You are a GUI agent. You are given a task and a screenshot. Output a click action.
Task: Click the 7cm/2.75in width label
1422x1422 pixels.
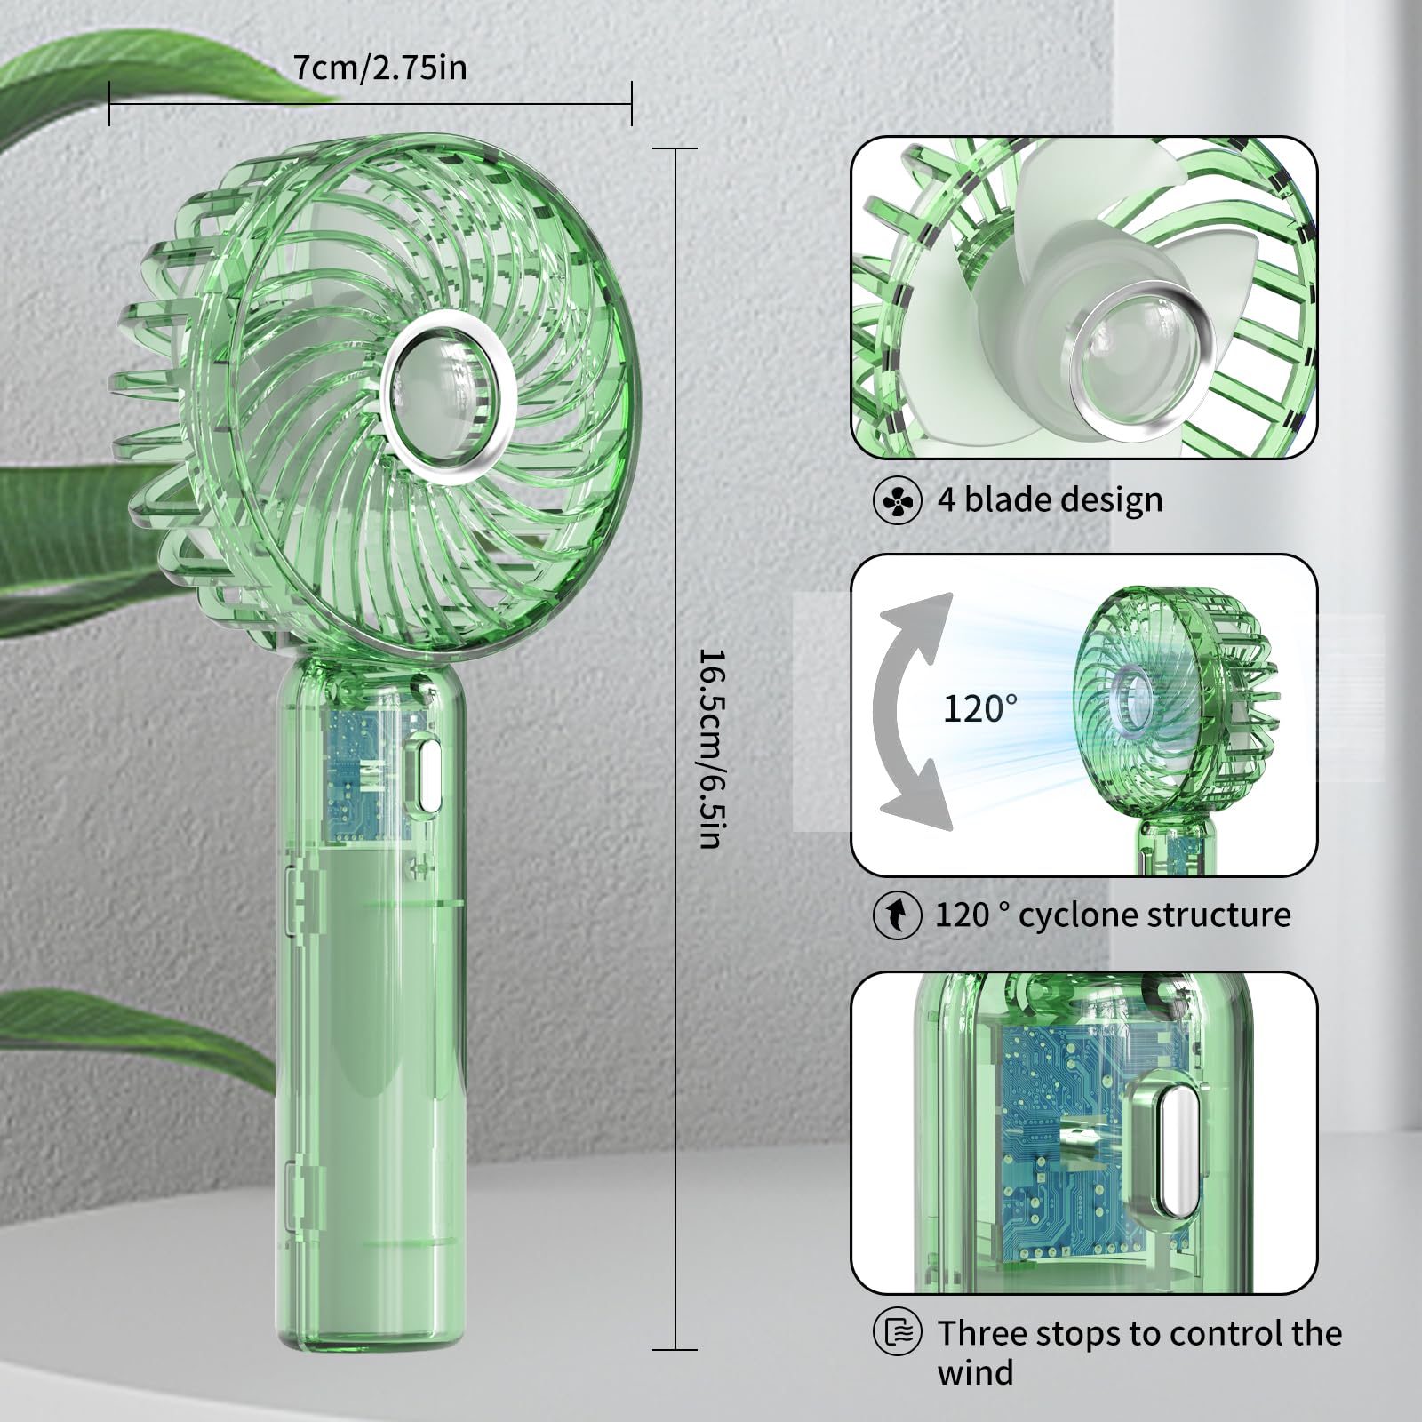tap(380, 68)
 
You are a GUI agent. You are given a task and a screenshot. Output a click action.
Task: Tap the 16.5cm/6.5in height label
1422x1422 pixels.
tap(712, 747)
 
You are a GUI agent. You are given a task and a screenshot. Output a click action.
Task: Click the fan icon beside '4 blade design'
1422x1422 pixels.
tap(897, 501)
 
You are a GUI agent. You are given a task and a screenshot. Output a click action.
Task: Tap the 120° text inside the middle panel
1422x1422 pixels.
tap(980, 708)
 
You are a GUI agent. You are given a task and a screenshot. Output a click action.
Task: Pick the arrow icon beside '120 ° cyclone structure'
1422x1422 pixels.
tap(897, 915)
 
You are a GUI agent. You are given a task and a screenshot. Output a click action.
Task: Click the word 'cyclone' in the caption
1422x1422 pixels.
tap(1076, 915)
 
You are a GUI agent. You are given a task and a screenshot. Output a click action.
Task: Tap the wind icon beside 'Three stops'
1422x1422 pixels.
tap(897, 1332)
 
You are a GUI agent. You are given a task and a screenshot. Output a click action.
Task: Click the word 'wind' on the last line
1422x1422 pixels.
tap(974, 1373)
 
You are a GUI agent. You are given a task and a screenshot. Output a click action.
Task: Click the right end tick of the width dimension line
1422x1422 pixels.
tap(632, 102)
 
